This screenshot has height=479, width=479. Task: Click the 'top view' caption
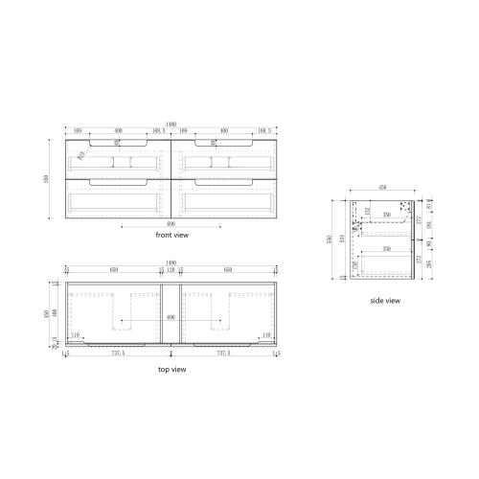point(171,369)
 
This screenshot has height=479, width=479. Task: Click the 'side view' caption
point(384,301)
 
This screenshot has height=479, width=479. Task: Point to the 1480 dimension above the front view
point(171,125)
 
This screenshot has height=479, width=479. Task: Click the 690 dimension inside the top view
point(171,317)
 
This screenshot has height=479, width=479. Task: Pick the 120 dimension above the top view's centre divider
point(171,272)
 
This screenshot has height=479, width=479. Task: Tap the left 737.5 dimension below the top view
point(117,352)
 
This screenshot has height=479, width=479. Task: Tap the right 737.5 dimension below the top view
point(224,352)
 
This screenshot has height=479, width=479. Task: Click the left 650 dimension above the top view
point(114,272)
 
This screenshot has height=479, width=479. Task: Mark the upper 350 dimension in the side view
point(386,217)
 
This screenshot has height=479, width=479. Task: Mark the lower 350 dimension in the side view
point(386,249)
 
